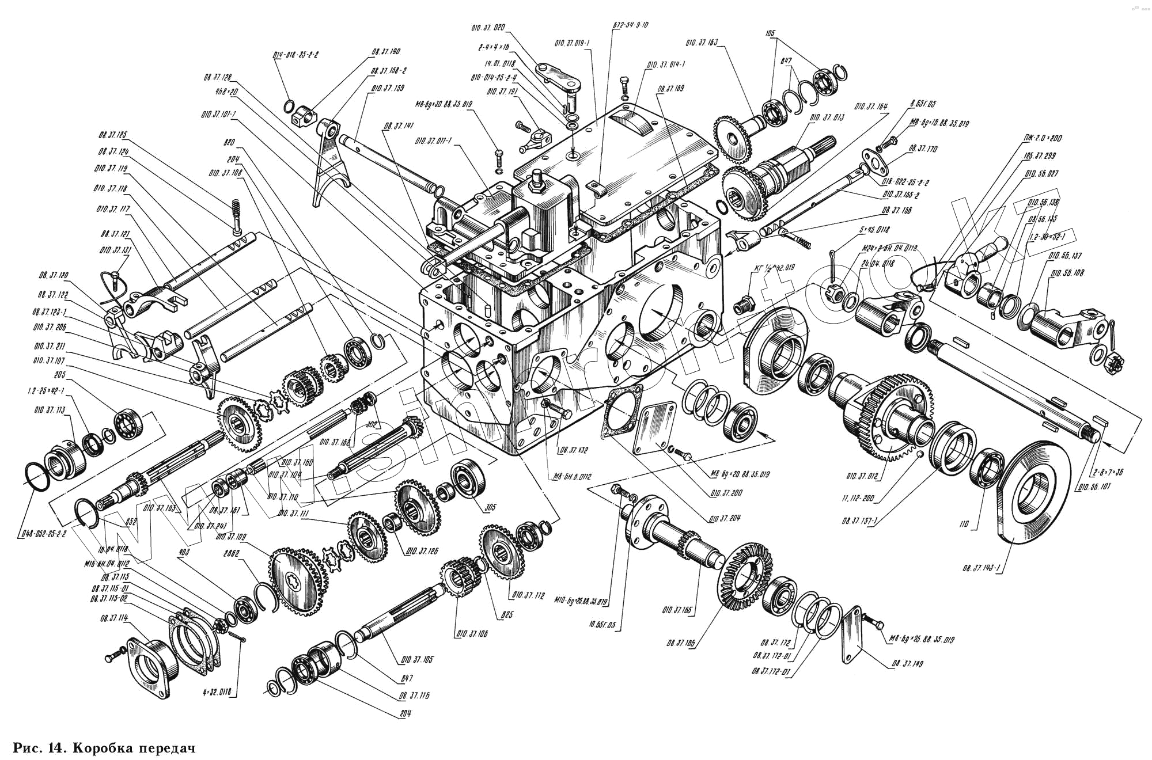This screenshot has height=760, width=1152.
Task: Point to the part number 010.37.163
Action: [x=702, y=43]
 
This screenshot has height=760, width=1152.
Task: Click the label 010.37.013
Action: [x=827, y=117]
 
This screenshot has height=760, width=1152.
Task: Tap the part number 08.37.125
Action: [x=112, y=135]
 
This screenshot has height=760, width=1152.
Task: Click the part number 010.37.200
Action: [x=726, y=493]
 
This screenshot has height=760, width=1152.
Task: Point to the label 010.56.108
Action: [x=1066, y=272]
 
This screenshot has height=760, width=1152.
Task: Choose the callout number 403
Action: [x=184, y=552]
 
